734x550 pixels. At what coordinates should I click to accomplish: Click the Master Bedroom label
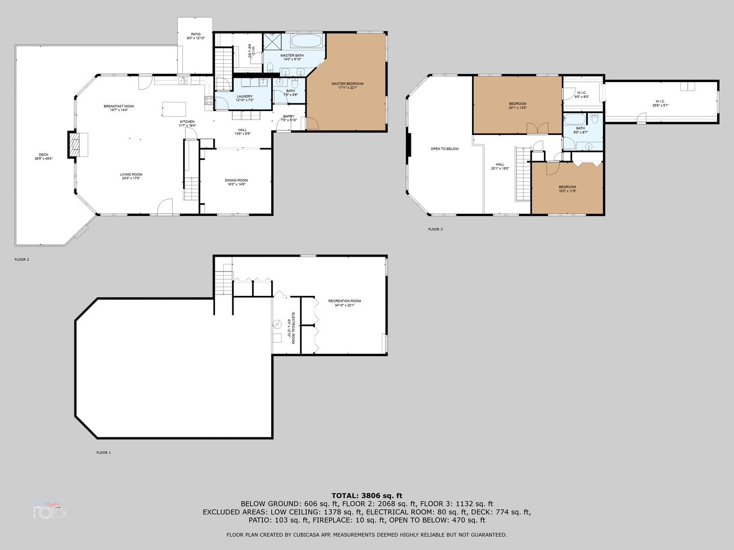[x=347, y=84]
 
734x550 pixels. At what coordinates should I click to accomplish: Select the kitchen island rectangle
[x=174, y=109]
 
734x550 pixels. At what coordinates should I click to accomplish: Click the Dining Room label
[x=236, y=180]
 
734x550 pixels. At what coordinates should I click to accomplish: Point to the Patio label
[x=196, y=35]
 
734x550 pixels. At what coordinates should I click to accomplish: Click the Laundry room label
[x=245, y=96]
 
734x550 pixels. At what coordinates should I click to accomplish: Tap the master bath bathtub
[x=306, y=41]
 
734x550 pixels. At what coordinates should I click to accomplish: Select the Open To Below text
[x=444, y=149]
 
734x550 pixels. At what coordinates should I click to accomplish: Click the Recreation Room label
[x=345, y=301]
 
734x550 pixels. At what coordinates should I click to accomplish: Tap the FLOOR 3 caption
[x=435, y=229]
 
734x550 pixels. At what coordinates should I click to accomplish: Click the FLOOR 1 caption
[x=103, y=452]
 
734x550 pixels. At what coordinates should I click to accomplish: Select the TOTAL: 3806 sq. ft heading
[x=366, y=495]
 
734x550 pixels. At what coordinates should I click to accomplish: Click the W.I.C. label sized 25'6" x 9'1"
[x=660, y=101]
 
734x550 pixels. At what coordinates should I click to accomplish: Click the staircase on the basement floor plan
[x=223, y=283]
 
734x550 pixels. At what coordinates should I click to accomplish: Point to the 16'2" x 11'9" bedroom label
[x=567, y=187]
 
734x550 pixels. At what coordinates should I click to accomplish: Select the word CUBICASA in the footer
[x=333, y=535]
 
